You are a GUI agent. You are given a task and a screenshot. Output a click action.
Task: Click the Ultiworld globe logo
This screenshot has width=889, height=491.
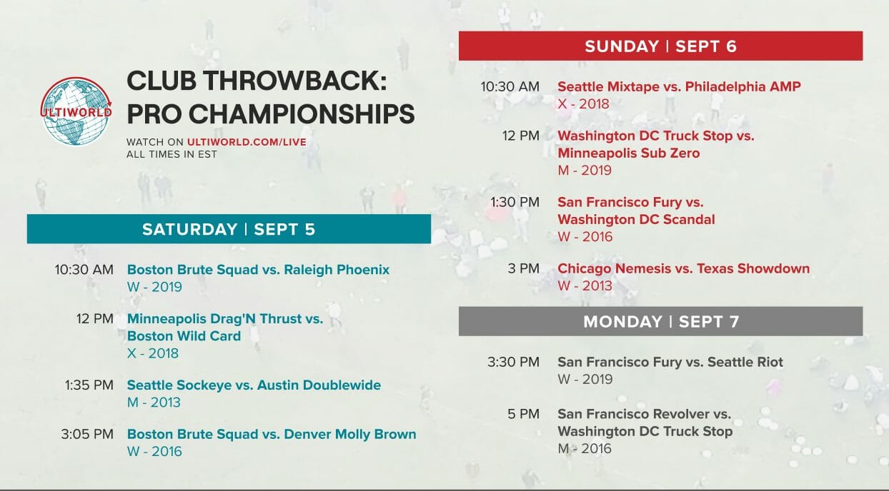[x=76, y=111]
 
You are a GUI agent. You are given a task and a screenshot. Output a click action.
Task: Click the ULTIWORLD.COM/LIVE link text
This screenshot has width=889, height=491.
[x=247, y=142]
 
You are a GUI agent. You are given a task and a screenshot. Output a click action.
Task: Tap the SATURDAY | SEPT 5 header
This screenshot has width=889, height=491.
[x=229, y=229]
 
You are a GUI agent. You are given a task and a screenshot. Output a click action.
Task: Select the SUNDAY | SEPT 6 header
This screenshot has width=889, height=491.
[x=660, y=46]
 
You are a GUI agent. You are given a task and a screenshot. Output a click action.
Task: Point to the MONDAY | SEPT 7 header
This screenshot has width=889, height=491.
[x=660, y=321]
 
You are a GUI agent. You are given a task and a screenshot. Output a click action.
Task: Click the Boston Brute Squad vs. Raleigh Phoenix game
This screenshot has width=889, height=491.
[x=258, y=270]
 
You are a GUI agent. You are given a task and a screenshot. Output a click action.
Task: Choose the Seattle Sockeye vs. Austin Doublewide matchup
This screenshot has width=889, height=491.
[x=254, y=385]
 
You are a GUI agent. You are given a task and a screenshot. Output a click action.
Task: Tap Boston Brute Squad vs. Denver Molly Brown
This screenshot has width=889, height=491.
[x=272, y=434]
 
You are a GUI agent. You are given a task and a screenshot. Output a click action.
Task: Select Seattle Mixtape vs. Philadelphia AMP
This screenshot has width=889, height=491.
[x=679, y=86]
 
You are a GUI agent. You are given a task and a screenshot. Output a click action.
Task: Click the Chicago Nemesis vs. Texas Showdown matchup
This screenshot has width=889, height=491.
[x=683, y=269]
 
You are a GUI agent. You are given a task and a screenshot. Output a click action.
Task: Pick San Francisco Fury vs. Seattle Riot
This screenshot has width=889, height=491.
[x=670, y=362]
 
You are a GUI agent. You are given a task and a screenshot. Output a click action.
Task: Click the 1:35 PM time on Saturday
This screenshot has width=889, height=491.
[x=89, y=385]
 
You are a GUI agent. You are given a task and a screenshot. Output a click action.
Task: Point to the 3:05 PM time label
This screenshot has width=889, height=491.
[x=89, y=434]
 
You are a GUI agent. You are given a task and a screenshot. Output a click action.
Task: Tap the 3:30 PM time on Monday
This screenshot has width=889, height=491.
[x=513, y=362]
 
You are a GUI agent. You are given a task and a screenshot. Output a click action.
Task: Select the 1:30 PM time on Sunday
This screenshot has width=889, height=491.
[x=515, y=202]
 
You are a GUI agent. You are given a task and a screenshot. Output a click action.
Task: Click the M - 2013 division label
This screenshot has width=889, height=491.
[x=154, y=403]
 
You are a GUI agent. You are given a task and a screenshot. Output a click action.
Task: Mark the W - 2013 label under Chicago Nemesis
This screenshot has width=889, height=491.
[x=585, y=286]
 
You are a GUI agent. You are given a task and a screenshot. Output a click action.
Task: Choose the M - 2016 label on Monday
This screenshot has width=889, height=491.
[x=585, y=449]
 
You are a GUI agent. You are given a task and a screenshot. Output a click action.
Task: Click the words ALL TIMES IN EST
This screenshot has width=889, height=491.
[x=172, y=154]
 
